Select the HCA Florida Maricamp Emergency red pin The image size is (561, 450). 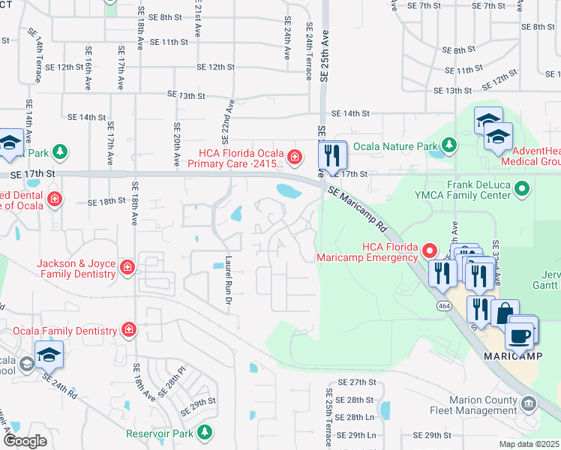[x=428, y=249]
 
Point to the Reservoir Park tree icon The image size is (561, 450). [x=204, y=432]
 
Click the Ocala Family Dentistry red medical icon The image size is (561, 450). [x=129, y=330]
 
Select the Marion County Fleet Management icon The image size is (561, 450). [x=529, y=405]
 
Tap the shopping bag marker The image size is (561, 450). [x=505, y=313]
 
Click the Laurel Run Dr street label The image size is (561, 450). [x=229, y=280]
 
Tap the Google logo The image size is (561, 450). [x=25, y=441]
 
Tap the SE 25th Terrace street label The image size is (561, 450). [x=328, y=416]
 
